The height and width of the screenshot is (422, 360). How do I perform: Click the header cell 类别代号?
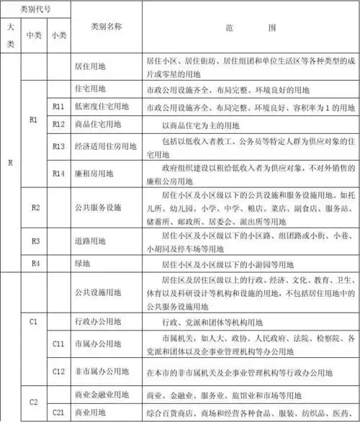pos(36,9)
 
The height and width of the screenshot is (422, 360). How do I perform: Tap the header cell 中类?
pos(33,35)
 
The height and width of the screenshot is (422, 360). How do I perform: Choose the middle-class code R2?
pos(35,207)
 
